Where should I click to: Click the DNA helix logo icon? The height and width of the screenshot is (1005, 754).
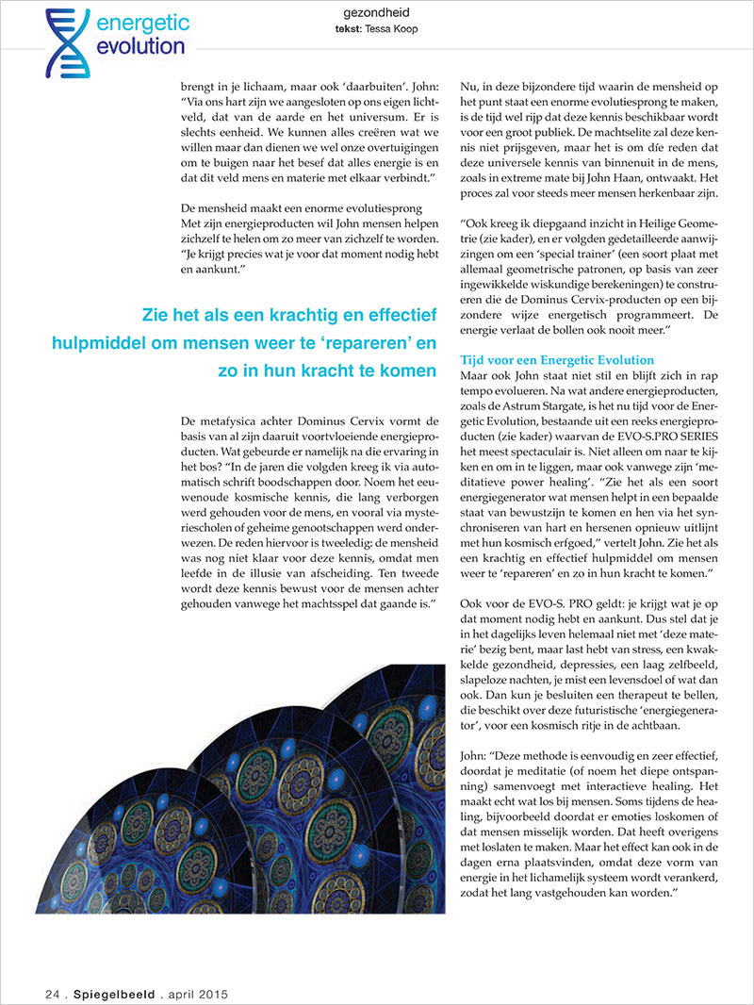(67, 42)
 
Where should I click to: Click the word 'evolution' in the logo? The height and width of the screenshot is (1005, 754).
(140, 47)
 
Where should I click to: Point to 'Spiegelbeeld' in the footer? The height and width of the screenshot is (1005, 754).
(111, 994)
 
